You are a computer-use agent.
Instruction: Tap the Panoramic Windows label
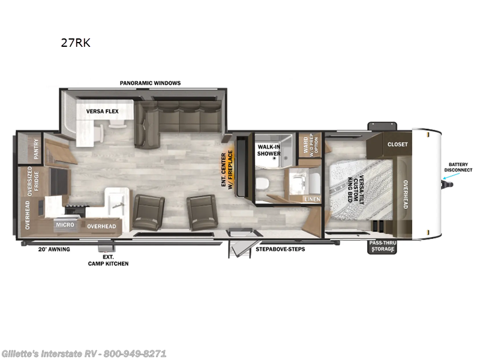coord(150,83)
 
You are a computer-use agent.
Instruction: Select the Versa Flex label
coord(102,112)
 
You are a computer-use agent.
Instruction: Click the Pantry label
coord(36,147)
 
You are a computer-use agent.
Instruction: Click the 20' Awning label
coord(55,249)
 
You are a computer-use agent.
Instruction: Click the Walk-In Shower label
coord(269,149)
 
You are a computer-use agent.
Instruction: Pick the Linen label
coord(312,199)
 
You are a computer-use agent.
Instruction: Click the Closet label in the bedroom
coord(397,144)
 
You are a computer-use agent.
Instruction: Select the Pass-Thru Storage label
coord(382,246)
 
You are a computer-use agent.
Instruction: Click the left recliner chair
coord(148,211)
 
